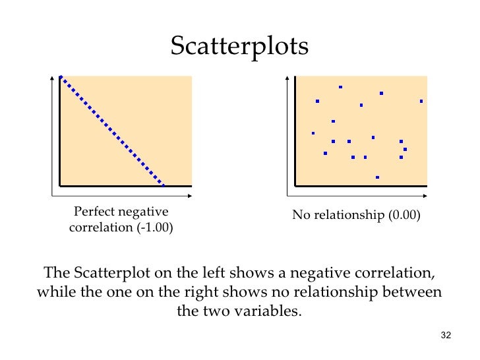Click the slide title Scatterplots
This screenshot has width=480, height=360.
point(239,46)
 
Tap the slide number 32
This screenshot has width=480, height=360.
point(445,337)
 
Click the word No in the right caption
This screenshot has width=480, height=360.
point(300,215)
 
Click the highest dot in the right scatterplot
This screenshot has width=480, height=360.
point(340,87)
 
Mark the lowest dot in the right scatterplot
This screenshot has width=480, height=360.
point(377,177)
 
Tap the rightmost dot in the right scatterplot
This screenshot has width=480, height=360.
point(421,101)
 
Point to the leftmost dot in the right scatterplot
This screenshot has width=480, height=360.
point(313,133)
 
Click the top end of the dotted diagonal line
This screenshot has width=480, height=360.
point(61,77)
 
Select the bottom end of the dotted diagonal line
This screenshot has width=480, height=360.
point(163,185)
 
